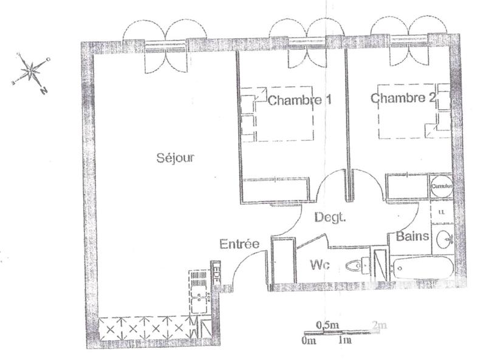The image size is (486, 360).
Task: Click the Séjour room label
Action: tap(175, 158)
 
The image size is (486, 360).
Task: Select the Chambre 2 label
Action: tap(403, 98)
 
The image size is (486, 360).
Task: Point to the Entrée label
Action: tap(239, 244)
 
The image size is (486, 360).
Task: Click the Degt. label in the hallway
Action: tap(330, 217)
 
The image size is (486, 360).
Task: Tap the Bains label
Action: tap(413, 236)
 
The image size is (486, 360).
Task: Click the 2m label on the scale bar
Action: tap(379, 326)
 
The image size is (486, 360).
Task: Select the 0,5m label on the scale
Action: tap(327, 326)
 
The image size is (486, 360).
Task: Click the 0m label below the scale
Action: tap(308, 340)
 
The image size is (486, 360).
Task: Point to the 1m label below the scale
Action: tap(344, 340)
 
